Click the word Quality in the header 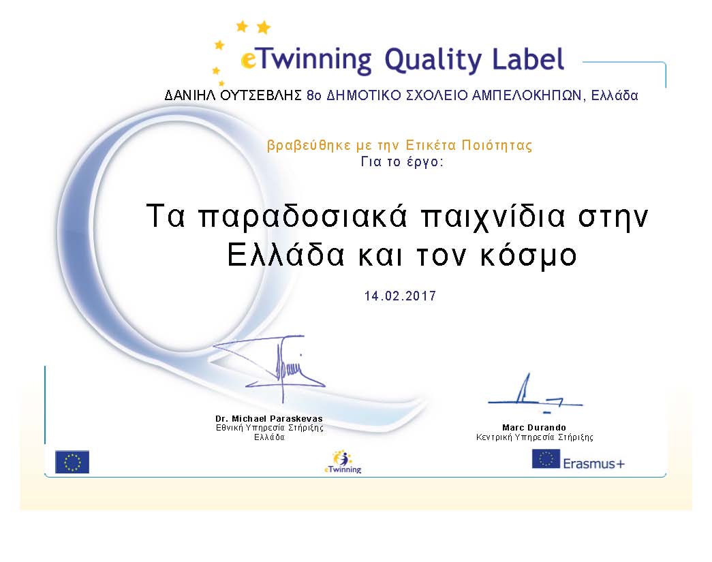pyautogui.click(x=433, y=61)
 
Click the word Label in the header pyautogui.click(x=529, y=59)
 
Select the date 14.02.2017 pyautogui.click(x=400, y=296)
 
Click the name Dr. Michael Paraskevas pyautogui.click(x=269, y=418)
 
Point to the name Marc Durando pyautogui.click(x=534, y=427)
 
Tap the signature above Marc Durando pyautogui.click(x=535, y=393)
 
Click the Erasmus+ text pyautogui.click(x=594, y=463)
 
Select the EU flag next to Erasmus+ pyautogui.click(x=546, y=458)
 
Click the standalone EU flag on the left pyautogui.click(x=72, y=462)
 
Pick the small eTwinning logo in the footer pyautogui.click(x=343, y=462)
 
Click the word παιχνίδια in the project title pyautogui.click(x=493, y=217)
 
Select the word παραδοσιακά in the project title pyautogui.click(x=303, y=217)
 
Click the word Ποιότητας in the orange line pyautogui.click(x=497, y=145)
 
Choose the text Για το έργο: pyautogui.click(x=402, y=161)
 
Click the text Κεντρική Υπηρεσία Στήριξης pyautogui.click(x=534, y=437)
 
